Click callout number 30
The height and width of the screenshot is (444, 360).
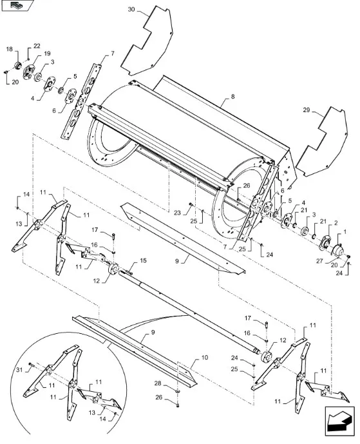click(x=131, y=10)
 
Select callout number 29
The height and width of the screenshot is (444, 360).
click(x=307, y=110)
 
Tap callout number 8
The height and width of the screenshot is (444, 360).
click(x=232, y=97)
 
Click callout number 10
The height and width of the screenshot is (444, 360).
click(x=205, y=358)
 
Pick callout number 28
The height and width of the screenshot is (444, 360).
click(x=158, y=383)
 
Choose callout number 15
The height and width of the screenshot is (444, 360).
click(x=144, y=260)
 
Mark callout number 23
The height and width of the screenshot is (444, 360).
click(x=177, y=213)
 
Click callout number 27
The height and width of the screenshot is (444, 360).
click(x=319, y=261)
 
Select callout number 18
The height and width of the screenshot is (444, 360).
click(x=10, y=49)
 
